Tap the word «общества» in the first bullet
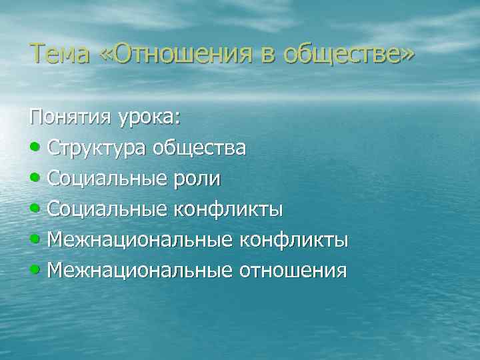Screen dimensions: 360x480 [x=199, y=148]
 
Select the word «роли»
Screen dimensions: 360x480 [x=197, y=179]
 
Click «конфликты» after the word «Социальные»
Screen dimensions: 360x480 [x=229, y=209]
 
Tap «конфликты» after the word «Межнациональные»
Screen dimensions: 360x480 [x=294, y=240]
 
